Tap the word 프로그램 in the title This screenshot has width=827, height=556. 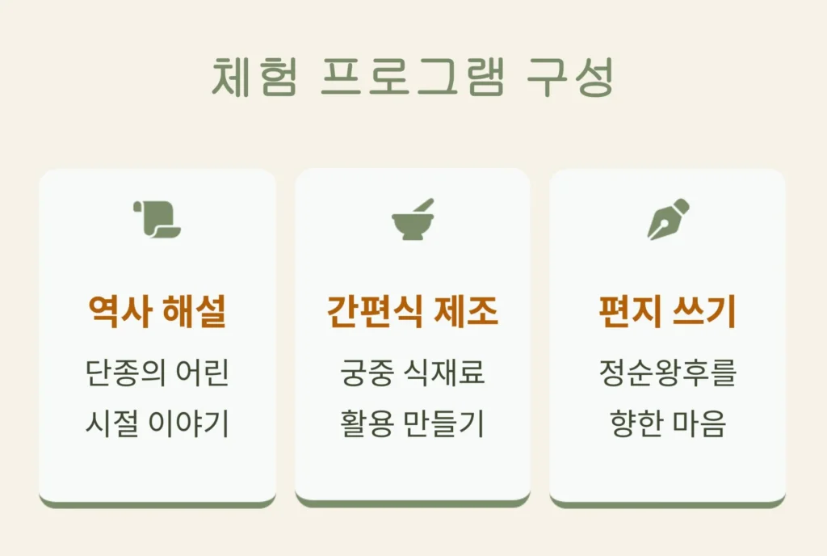point(413,78)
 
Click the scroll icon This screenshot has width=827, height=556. point(157,219)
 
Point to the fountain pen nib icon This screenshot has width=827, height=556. point(668,219)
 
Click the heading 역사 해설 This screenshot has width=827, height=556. point(157,312)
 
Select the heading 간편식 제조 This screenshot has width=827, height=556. point(413,312)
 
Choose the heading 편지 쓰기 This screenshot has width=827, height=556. point(668,312)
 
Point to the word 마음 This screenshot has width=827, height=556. point(699,423)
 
